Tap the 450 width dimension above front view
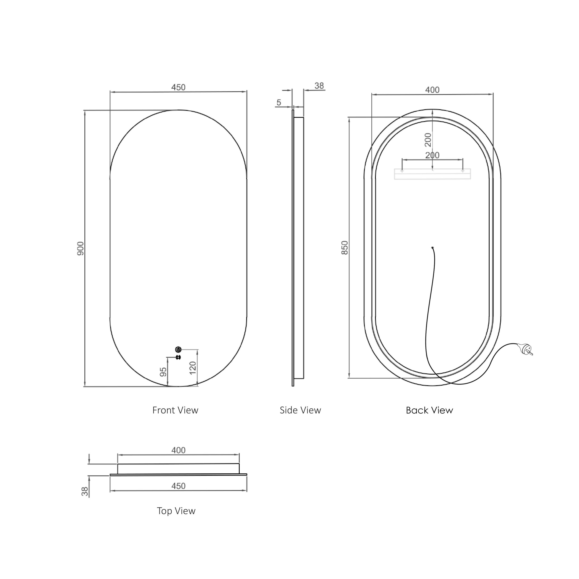click(x=178, y=87)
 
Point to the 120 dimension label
click(x=193, y=368)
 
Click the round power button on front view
click(x=178, y=349)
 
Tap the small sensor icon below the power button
click(x=178, y=357)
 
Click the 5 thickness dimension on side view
click(x=279, y=102)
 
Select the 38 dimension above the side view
click(x=319, y=86)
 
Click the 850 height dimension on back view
click(x=345, y=247)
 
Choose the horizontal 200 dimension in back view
click(x=432, y=155)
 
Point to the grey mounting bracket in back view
click(x=432, y=174)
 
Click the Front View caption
click(x=175, y=410)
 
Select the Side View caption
click(x=300, y=410)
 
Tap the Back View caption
click(x=429, y=410)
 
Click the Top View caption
click(x=176, y=511)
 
